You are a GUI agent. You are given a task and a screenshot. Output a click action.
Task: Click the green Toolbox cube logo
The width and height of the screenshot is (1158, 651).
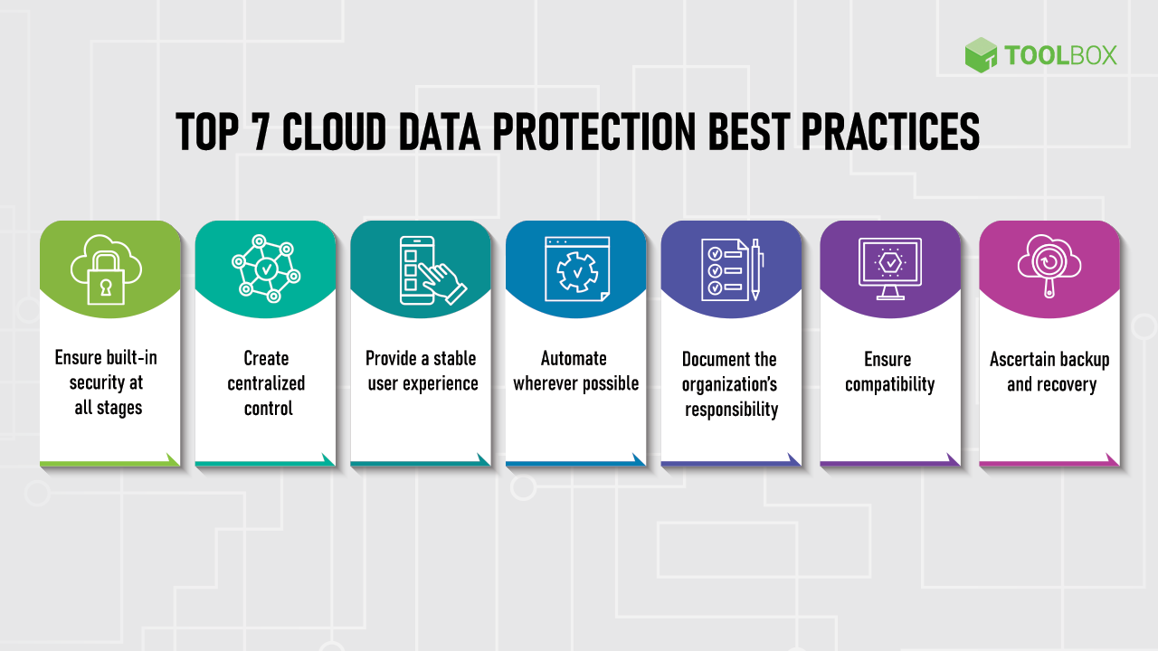point(981,55)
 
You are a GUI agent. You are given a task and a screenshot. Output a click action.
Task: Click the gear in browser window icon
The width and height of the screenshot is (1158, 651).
point(576,269)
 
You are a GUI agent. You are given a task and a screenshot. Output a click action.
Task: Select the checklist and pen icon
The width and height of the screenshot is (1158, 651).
point(732,269)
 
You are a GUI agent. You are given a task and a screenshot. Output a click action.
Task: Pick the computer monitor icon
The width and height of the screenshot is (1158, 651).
point(890,269)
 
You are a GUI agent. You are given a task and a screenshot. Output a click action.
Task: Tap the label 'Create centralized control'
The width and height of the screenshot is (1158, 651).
point(266,383)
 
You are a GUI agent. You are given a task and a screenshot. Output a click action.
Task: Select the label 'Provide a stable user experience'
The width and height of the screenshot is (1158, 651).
point(422,371)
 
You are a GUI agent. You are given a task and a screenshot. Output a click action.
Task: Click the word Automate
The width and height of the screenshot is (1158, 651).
point(574,358)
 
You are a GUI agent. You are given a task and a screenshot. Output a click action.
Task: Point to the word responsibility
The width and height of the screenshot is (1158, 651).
point(731,410)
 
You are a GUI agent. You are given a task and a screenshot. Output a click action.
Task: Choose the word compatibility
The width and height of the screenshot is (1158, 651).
point(889,384)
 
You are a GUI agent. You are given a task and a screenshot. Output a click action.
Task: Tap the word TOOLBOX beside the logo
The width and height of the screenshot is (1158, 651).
point(1060,56)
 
